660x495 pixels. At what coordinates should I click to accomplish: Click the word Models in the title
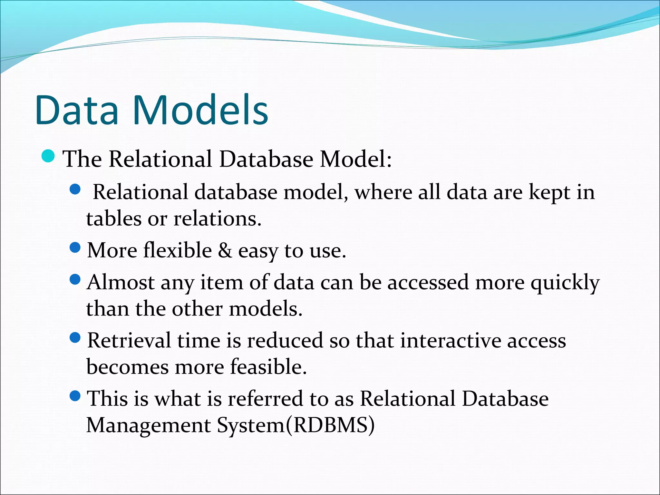point(200,110)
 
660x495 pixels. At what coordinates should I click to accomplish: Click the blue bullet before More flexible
point(75,248)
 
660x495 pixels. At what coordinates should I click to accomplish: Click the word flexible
point(177,250)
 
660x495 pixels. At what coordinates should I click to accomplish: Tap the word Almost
point(121,283)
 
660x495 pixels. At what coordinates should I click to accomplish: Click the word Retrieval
point(129,341)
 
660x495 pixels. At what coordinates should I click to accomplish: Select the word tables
point(114,219)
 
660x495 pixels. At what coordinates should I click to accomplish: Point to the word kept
point(549,193)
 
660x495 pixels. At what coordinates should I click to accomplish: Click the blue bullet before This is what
point(75,396)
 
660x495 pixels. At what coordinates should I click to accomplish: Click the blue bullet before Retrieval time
point(75,338)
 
